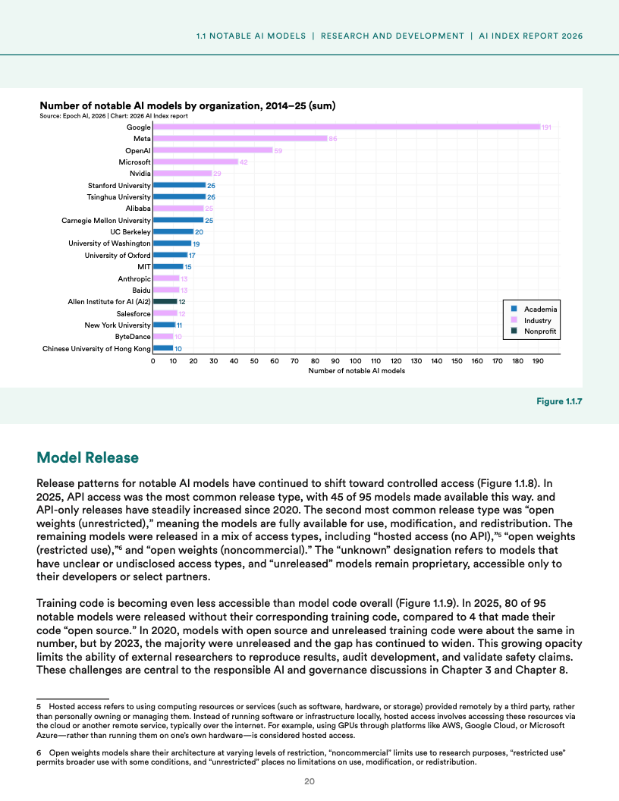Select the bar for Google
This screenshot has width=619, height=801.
pyautogui.click(x=346, y=127)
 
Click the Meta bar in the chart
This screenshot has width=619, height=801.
pyautogui.click(x=240, y=139)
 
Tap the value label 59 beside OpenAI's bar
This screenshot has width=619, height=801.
pyautogui.click(x=278, y=151)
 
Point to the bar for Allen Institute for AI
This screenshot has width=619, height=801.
pyautogui.click(x=165, y=301)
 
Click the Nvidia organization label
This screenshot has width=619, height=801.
pyautogui.click(x=140, y=174)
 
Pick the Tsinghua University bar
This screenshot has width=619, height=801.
pyautogui.click(x=179, y=196)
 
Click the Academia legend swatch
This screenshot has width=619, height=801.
pyautogui.click(x=514, y=309)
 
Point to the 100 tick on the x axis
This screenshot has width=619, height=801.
pyautogui.click(x=355, y=362)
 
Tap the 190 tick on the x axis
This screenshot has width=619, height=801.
pyautogui.click(x=538, y=362)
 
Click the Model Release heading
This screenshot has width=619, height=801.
pyautogui.click(x=88, y=457)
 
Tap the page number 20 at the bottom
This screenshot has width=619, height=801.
pyautogui.click(x=309, y=781)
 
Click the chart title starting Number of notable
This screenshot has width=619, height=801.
pyautogui.click(x=187, y=105)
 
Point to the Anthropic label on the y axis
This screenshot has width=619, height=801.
pyautogui.click(x=134, y=279)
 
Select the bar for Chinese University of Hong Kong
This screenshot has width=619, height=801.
pyautogui.click(x=163, y=348)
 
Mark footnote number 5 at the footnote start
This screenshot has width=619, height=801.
pyautogui.click(x=39, y=705)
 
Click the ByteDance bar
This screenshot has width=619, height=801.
pyautogui.click(x=163, y=336)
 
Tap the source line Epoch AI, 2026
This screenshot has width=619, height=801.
pyautogui.click(x=113, y=116)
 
